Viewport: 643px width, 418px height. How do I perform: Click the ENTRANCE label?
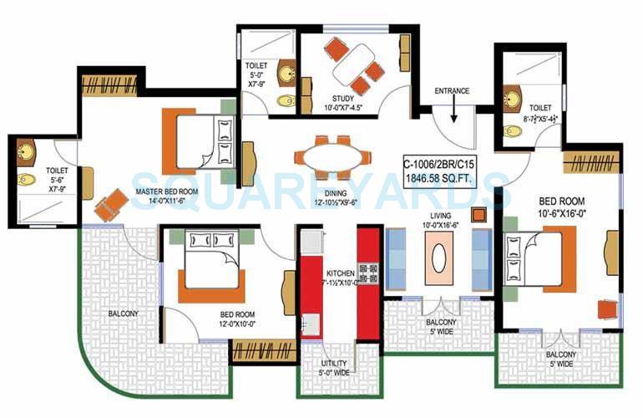(452, 90)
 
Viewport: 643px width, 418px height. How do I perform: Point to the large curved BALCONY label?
(124, 313)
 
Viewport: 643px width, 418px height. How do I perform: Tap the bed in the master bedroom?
(205, 138)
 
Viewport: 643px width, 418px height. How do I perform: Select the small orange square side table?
(479, 214)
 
